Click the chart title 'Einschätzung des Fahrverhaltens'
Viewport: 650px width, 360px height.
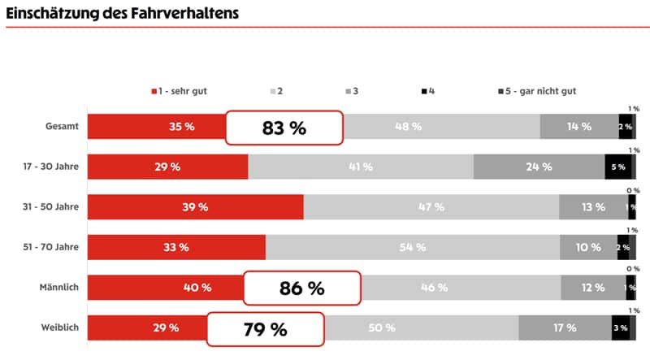click(122, 13)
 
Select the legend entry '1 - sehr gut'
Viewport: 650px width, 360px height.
click(179, 91)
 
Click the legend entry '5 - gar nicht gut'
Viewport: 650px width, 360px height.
click(536, 91)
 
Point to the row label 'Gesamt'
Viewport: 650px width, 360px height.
click(62, 127)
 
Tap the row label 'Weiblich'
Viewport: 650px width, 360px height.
click(59, 327)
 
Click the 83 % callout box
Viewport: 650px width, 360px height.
click(284, 128)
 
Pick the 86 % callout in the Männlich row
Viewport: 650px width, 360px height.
click(302, 288)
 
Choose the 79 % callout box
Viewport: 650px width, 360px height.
click(266, 329)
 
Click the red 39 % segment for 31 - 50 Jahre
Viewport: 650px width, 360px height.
click(195, 207)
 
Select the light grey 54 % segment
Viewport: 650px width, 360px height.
click(412, 247)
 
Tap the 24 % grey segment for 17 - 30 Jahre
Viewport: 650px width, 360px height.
click(539, 167)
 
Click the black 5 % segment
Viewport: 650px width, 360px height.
click(617, 167)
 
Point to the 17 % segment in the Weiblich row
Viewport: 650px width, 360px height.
click(565, 327)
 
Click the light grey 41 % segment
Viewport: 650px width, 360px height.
click(360, 167)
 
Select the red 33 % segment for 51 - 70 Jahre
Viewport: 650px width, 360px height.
click(176, 247)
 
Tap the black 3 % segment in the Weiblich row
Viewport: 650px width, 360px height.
click(621, 327)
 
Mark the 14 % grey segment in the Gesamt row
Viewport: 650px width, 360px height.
click(578, 127)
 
